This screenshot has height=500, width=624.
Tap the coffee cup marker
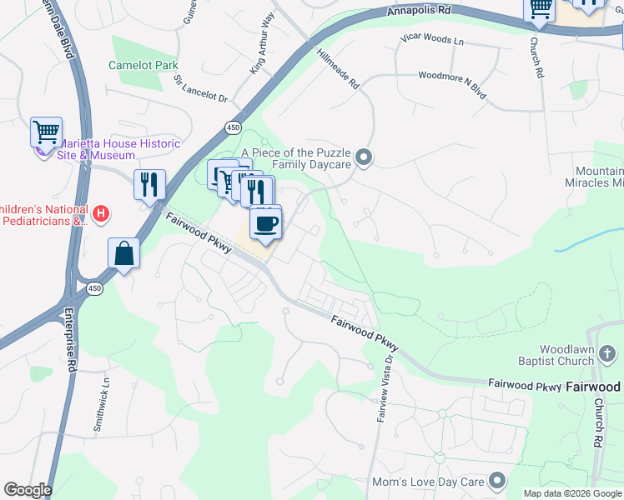pos(266,224)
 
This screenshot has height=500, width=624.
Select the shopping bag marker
pos(123,253)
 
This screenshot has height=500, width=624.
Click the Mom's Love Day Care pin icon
pos(498,481)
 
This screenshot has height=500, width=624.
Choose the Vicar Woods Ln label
pos(431,40)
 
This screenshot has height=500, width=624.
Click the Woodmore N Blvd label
pos(451,75)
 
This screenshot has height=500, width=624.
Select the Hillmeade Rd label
pos(338,69)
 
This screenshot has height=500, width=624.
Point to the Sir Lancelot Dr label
pos(200,88)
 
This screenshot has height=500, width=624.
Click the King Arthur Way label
pos(262,55)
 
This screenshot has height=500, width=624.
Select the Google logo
pos(28,490)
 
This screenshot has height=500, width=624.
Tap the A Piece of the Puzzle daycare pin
pos(363,157)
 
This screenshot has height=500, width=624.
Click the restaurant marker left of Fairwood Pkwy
pos(150,184)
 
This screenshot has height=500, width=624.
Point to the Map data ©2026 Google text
pos(572,493)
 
